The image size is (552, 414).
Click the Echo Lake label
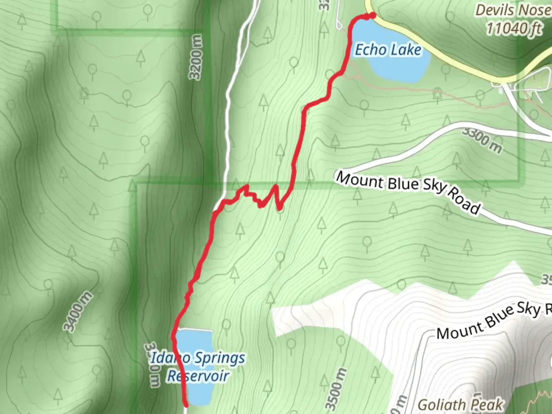pyautogui.click(x=388, y=50)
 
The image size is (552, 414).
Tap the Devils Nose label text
pyautogui.click(x=513, y=10)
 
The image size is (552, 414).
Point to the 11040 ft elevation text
pyautogui.click(x=514, y=28)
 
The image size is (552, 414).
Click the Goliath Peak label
pyautogui.click(x=460, y=405)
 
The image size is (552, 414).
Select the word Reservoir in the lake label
pyautogui.click(x=198, y=376)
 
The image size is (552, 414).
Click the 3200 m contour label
pyautogui.click(x=196, y=58)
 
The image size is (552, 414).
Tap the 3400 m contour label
pyautogui.click(x=78, y=311)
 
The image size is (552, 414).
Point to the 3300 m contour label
pyautogui.click(x=481, y=140)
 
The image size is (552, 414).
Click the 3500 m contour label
pyautogui.click(x=336, y=389)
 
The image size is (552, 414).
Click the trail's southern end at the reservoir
pyautogui.click(x=186, y=404)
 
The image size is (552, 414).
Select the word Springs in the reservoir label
pyautogui.click(x=220, y=358)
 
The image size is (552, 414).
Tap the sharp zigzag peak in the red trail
pyautogui.click(x=275, y=187)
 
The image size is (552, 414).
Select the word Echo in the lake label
pyautogui.click(x=370, y=50)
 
